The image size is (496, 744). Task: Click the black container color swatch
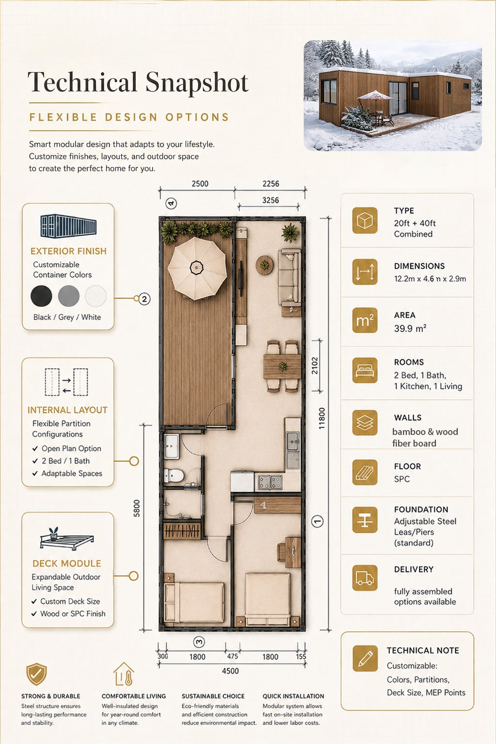[x=41, y=295]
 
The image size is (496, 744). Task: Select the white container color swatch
[x=96, y=295]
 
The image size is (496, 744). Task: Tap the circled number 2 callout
[x=144, y=299]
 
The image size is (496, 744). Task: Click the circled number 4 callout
[x=171, y=203]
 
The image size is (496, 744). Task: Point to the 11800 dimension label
[x=322, y=418]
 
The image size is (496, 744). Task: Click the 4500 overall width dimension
[x=230, y=671]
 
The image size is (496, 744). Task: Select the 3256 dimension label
[x=270, y=200]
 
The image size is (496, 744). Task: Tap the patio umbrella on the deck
[x=197, y=268]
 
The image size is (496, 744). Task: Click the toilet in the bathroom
[x=174, y=475]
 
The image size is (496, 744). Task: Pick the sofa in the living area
[x=289, y=277]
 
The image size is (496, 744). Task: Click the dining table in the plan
[x=282, y=366]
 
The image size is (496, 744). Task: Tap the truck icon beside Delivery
[x=365, y=578]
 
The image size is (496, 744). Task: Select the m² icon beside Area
[x=365, y=320]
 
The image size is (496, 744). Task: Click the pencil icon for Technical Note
[x=365, y=658]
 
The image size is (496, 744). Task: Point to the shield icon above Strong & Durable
[x=36, y=674]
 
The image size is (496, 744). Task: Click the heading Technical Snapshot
[x=138, y=82]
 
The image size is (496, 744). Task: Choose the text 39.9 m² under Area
[x=410, y=328]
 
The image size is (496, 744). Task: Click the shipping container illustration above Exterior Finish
[x=68, y=226]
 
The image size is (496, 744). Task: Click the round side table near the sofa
[x=264, y=265]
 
